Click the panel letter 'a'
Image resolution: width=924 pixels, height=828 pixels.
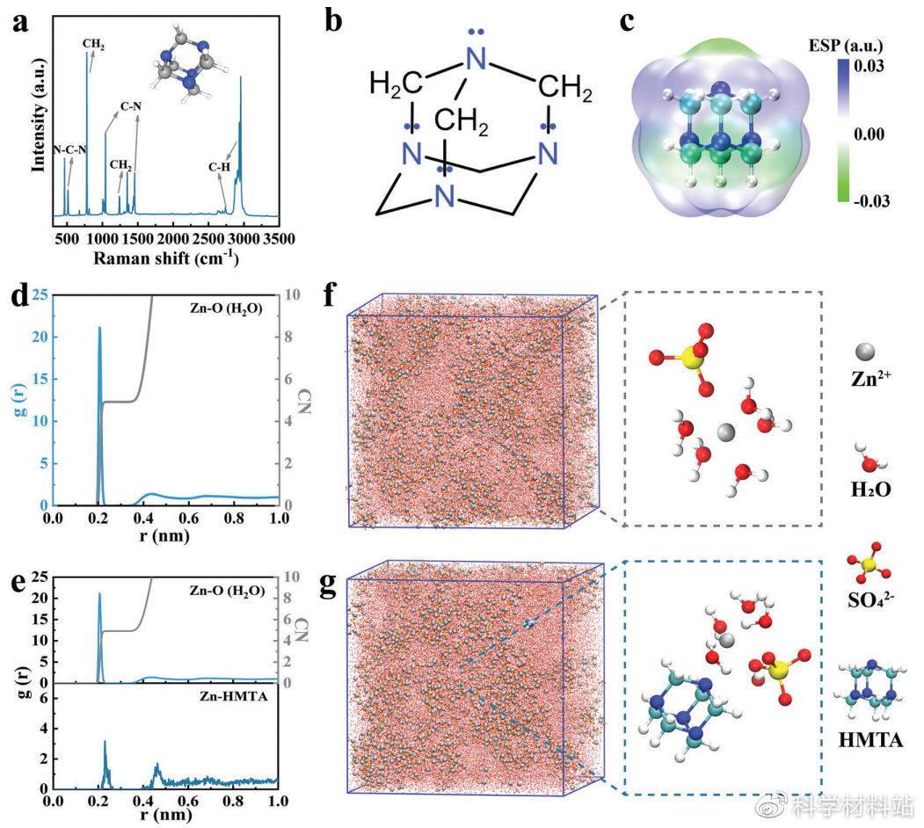[20, 24]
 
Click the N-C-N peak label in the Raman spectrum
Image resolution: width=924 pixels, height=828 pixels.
[70, 149]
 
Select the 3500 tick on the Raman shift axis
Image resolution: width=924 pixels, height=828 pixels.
[279, 238]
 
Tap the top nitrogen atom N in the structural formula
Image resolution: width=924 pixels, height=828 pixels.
[476, 61]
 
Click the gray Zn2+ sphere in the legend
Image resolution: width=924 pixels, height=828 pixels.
[864, 352]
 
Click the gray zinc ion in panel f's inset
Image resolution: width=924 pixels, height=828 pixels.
[725, 432]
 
